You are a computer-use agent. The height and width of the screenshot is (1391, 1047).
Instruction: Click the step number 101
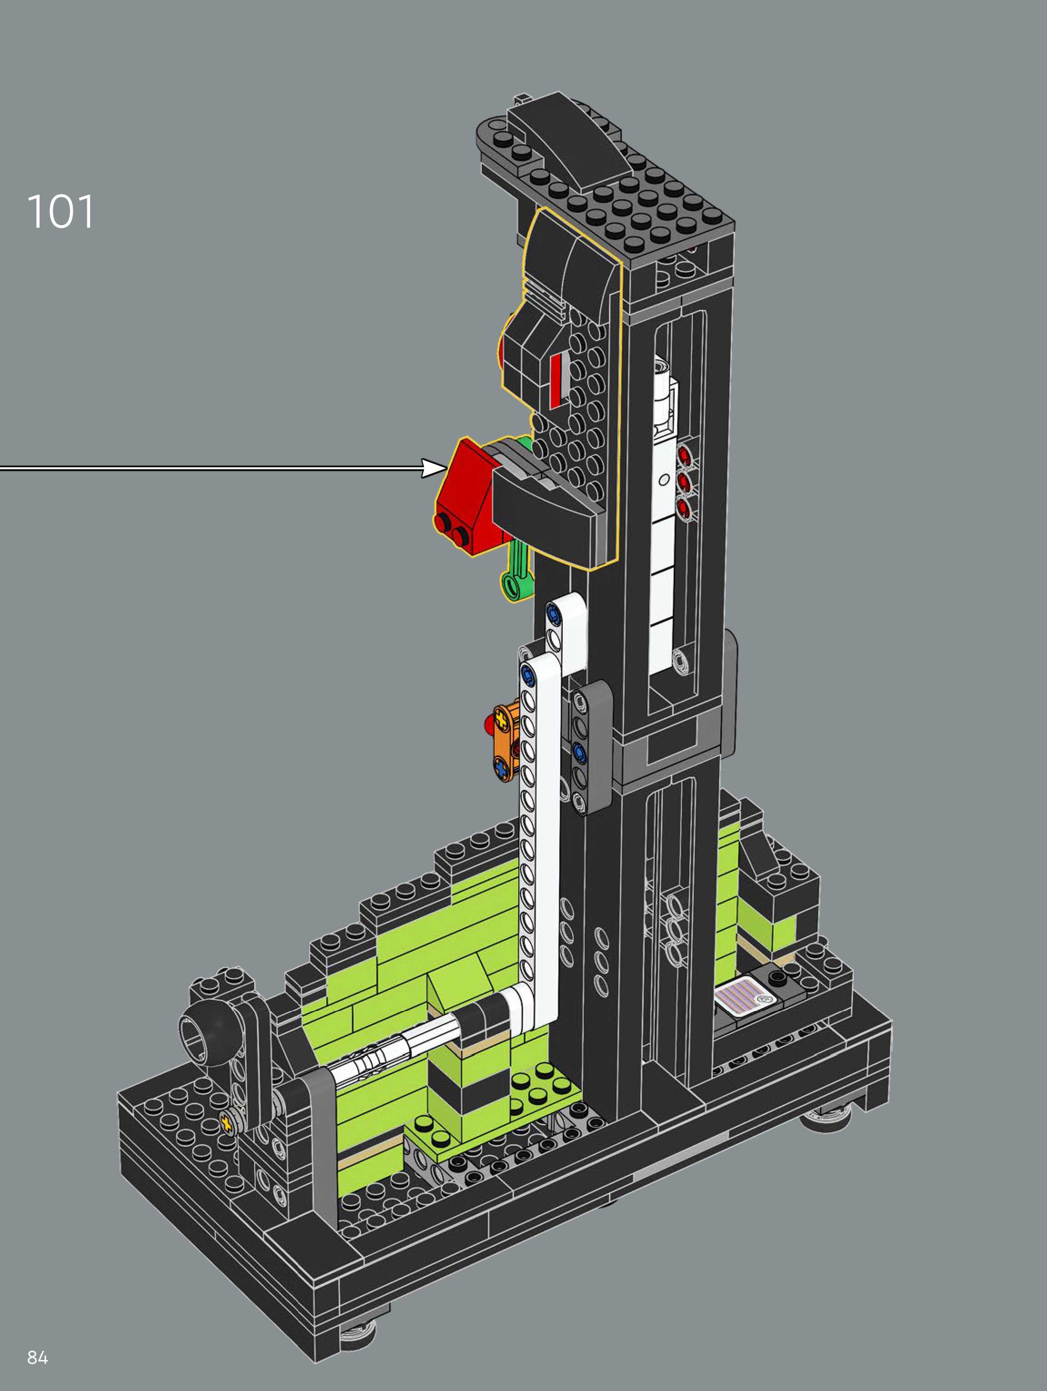[x=60, y=211]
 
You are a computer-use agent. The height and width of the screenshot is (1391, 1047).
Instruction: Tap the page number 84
[x=38, y=1358]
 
